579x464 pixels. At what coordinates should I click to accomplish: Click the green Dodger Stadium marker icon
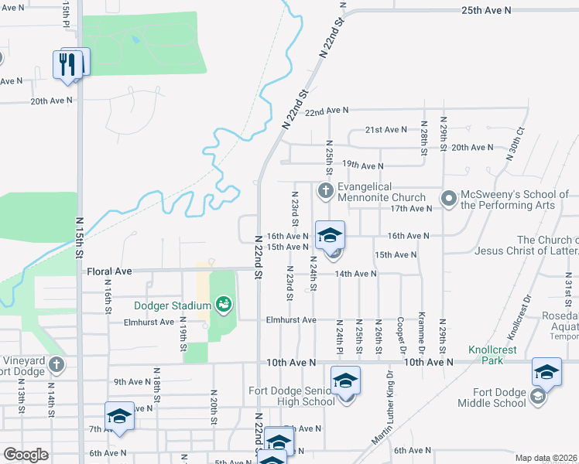(x=224, y=305)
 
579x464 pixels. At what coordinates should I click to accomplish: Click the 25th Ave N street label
(x=486, y=10)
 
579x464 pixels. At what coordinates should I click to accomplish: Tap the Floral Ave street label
(x=105, y=271)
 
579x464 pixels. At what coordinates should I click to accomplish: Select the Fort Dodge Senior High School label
(x=292, y=396)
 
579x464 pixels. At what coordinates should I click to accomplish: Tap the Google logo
(x=26, y=454)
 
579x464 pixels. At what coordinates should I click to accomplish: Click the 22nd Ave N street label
(x=327, y=111)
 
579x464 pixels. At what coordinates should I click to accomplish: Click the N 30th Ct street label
(x=516, y=143)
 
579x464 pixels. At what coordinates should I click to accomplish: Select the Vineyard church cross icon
(x=57, y=363)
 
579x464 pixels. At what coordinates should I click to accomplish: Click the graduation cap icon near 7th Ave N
(x=120, y=416)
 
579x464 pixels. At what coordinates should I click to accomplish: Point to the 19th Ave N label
(x=362, y=165)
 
